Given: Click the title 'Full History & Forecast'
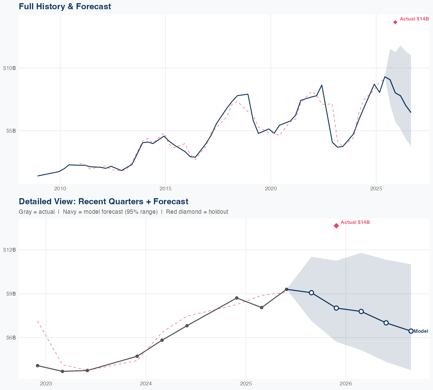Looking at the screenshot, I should tap(65, 6).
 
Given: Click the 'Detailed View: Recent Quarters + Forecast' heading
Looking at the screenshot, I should tap(103, 201).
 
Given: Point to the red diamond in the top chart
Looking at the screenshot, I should tap(395, 22).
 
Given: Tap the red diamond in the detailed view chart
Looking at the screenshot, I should tap(336, 226).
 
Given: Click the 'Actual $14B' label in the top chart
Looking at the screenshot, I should tap(414, 19).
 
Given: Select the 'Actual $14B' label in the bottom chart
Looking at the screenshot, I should tap(355, 222).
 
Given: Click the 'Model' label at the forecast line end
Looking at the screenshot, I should tap(421, 331).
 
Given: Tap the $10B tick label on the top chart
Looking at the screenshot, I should tap(9, 68).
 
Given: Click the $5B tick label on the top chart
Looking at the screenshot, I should tap(11, 131).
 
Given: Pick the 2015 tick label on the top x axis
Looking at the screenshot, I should tap(165, 189).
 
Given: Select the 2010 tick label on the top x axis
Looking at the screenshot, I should tap(60, 189).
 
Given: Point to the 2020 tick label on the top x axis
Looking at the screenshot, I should tap(271, 189).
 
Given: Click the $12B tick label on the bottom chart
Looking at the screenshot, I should tap(9, 250).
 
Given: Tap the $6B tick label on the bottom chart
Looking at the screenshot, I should tap(11, 338).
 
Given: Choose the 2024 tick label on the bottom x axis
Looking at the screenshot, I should tap(146, 384).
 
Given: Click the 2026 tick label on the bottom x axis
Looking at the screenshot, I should tap(346, 384).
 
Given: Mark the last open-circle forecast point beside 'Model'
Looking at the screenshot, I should tap(411, 331).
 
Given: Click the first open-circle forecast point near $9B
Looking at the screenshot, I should tap(311, 293).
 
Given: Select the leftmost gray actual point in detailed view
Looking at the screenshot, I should tap(38, 366).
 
